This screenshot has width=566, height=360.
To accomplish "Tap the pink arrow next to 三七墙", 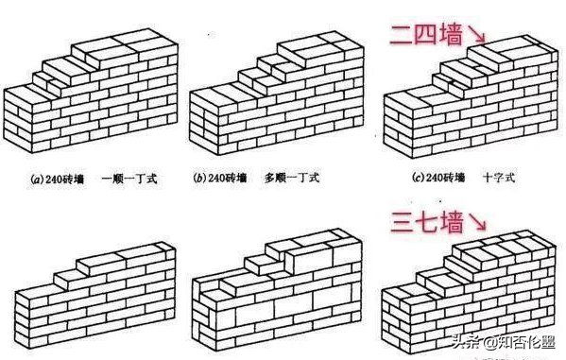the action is pyautogui.click(x=480, y=227).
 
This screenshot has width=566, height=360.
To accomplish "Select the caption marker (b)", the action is pyautogui.click(x=199, y=177).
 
